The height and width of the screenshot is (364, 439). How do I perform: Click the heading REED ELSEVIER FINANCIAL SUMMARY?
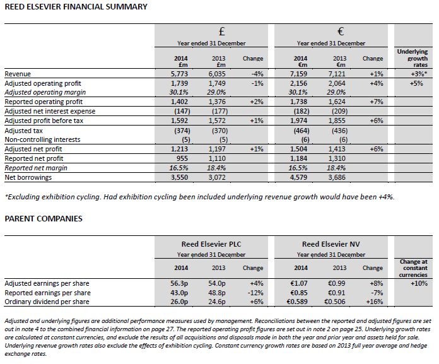(x=76, y=7)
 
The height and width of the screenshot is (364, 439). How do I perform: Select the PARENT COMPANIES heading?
(x=44, y=220)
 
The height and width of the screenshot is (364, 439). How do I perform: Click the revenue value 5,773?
(x=181, y=74)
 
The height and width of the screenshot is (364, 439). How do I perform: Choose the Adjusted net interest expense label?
(x=50, y=110)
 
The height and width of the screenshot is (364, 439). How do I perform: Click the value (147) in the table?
(x=181, y=110)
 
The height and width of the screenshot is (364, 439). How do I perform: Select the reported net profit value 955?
(x=182, y=159)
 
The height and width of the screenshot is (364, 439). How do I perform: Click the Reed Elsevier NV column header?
(x=331, y=244)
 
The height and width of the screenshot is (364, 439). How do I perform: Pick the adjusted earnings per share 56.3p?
(x=180, y=284)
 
